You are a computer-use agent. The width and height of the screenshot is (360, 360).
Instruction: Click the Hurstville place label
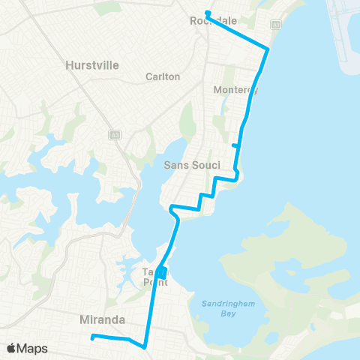tap(92, 65)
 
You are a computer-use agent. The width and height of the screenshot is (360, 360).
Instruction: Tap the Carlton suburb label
tap(163, 76)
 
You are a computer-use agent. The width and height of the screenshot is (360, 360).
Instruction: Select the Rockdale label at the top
tap(209, 22)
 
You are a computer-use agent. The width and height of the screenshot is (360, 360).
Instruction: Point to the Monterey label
tap(235, 90)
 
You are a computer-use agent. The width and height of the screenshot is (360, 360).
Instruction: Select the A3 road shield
tap(114, 135)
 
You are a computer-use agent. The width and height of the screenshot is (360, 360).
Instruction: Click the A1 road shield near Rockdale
tap(276, 25)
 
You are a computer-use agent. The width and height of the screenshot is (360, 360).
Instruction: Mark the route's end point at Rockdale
tap(207, 13)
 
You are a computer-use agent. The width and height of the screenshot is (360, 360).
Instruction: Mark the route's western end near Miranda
tap(91, 337)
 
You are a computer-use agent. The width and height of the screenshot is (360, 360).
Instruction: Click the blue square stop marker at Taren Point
tap(163, 271)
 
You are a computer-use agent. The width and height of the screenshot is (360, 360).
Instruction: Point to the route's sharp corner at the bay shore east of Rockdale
tap(268, 50)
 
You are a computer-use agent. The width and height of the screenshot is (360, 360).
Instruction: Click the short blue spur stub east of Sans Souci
tap(235, 145)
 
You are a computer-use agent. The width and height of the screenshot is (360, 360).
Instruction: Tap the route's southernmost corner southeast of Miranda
tap(143, 347)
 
